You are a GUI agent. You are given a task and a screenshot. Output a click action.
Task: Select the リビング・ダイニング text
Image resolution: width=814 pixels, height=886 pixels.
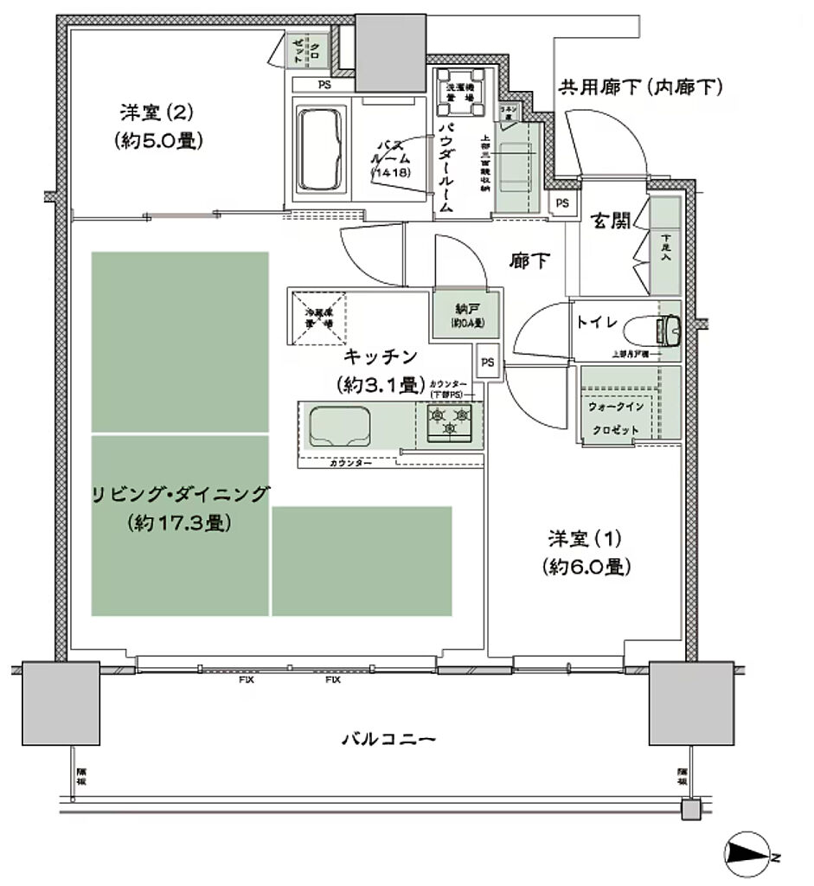tap(181, 496)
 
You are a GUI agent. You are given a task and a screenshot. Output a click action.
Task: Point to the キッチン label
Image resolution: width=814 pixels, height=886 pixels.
tap(381, 356)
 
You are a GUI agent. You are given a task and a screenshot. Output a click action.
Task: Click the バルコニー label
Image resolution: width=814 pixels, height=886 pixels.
tap(387, 740)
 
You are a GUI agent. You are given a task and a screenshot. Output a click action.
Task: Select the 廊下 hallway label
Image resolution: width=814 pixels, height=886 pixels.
tap(529, 260)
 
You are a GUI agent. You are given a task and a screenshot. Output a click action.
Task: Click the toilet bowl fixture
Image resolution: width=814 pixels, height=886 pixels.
tap(667, 328)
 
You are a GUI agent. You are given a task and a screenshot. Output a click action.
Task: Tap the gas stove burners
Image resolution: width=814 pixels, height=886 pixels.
tap(450, 421)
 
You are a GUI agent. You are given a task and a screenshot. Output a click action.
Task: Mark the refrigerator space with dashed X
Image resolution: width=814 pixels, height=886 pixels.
tap(317, 316)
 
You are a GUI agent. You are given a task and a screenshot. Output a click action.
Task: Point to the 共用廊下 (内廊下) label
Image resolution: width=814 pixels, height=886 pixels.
tap(640, 87)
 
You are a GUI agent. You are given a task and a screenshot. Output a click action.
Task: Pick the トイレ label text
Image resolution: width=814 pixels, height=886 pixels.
tap(597, 322)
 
